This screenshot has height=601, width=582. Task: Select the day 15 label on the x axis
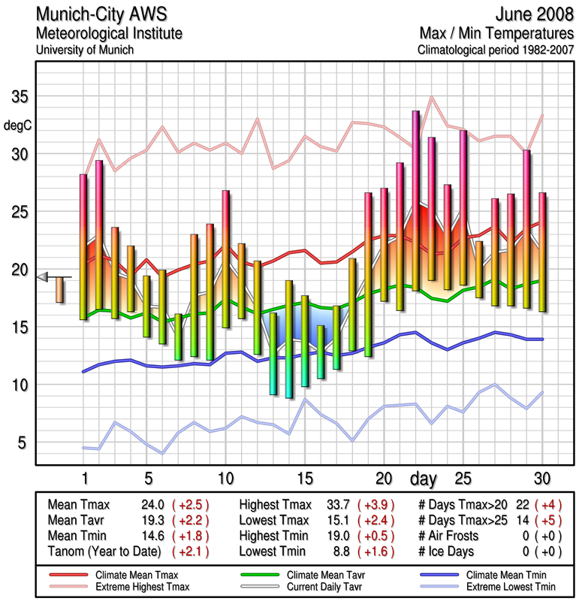click(x=304, y=479)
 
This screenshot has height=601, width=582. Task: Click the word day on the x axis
click(x=425, y=479)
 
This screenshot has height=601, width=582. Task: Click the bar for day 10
click(x=225, y=259)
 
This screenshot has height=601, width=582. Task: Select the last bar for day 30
click(x=542, y=252)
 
